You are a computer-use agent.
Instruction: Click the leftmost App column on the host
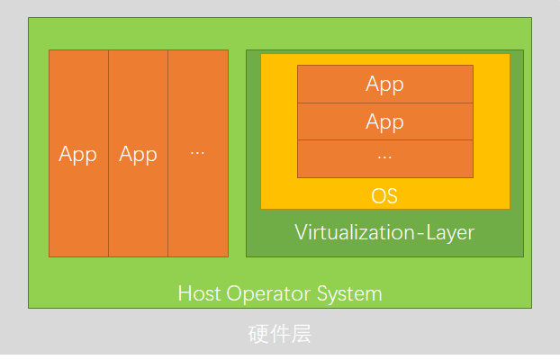pyautogui.click(x=78, y=154)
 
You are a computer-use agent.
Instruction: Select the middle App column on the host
pyautogui.click(x=138, y=154)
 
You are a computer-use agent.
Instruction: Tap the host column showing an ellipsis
pyautogui.click(x=198, y=154)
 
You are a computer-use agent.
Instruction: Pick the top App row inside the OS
pyautogui.click(x=384, y=84)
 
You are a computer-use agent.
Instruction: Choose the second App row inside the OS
pyautogui.click(x=384, y=121)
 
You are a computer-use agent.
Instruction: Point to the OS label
pyautogui.click(x=384, y=196)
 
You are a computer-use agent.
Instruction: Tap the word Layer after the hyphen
pyautogui.click(x=444, y=233)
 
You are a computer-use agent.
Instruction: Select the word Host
pyautogui.click(x=196, y=293)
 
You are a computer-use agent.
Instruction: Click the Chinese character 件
pyautogui.click(x=280, y=336)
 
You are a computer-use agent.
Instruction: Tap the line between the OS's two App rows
pyautogui.click(x=384, y=103)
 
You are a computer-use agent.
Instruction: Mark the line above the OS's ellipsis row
pyautogui.click(x=384, y=139)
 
